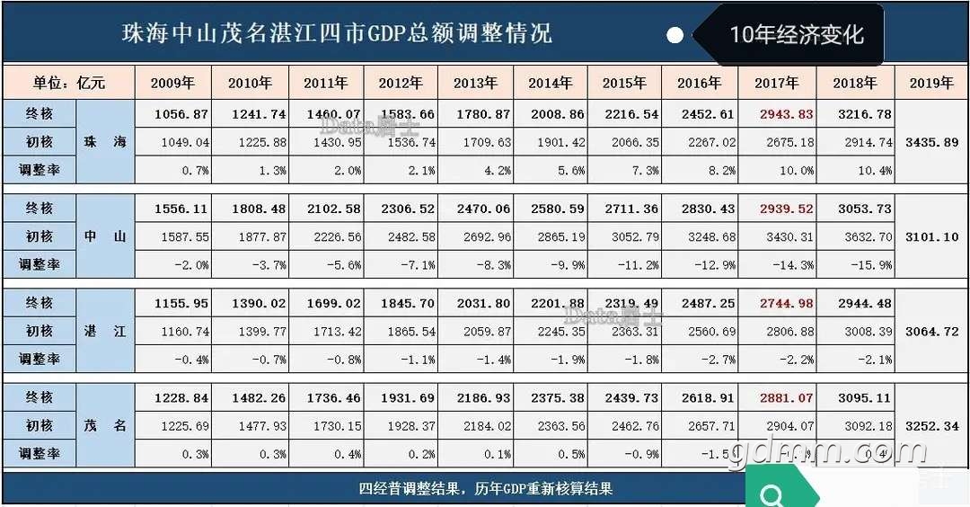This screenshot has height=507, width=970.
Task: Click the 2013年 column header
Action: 475,83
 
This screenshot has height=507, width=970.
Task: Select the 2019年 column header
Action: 931,83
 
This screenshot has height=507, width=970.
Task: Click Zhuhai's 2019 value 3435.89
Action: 931,142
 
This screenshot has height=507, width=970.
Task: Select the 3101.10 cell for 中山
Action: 931,236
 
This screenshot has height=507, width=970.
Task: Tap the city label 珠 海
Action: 105,142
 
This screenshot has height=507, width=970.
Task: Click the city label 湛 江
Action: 105,331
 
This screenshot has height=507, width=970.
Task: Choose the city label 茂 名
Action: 105,425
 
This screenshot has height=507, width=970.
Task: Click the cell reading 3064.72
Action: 931,331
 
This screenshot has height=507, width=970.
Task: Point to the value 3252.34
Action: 931,425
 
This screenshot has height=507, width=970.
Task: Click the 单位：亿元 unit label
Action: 69,83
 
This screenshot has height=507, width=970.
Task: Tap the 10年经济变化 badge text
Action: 797,35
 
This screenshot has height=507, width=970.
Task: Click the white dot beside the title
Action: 675,35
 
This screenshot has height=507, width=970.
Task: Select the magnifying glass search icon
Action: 771,494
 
